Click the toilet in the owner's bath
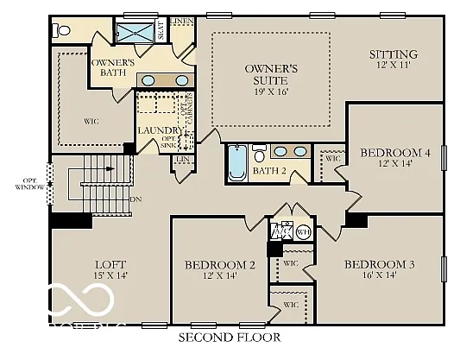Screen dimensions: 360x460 click(62, 31)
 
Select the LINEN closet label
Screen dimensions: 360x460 click(182, 20)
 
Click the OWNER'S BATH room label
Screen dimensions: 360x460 click(112, 68)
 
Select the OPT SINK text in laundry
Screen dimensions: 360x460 click(168, 142)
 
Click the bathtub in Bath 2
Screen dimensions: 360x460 click(237, 163)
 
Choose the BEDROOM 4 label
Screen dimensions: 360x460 click(394, 153)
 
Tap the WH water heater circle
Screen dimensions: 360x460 click(303, 232)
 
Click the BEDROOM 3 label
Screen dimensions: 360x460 click(380, 264)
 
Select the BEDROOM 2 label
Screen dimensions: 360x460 click(220, 265)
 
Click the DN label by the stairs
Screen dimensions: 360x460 click(135, 199)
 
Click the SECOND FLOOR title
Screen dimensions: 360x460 click(229, 338)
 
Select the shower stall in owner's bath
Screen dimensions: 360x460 click(134, 33)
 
